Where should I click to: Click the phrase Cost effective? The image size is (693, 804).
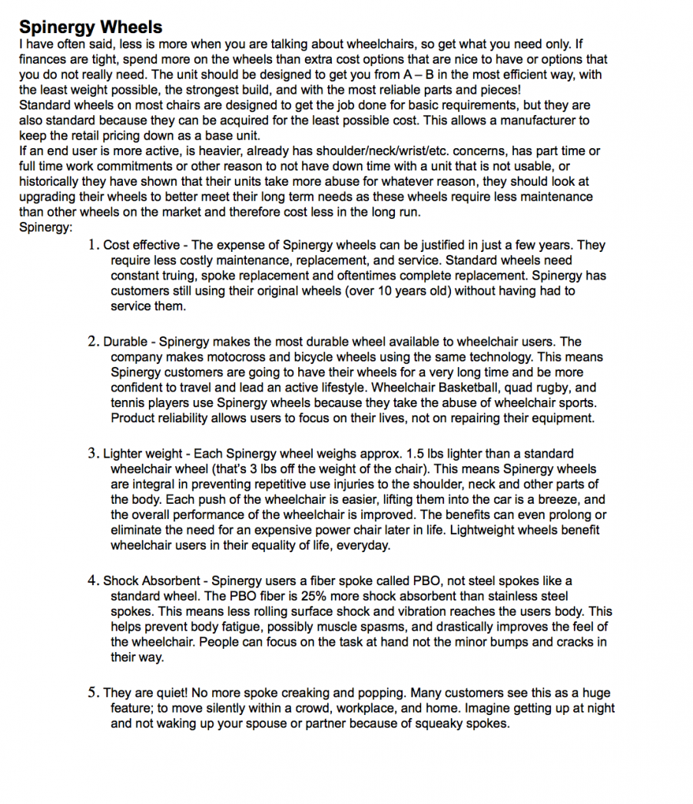point(142,246)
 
